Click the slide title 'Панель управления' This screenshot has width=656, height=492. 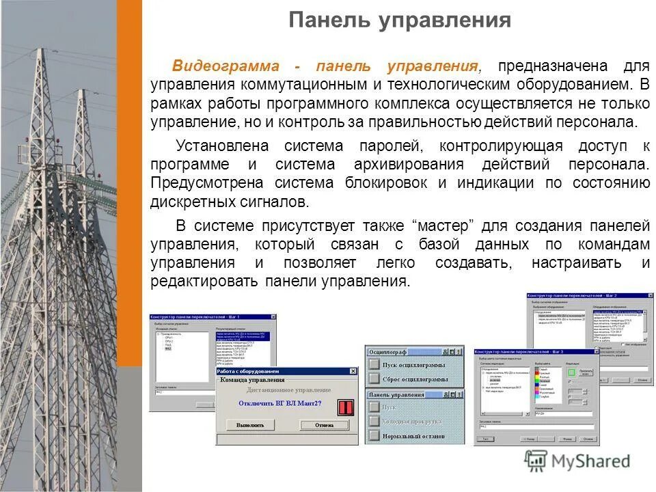[x=399, y=20]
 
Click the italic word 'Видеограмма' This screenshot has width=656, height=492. [x=225, y=66]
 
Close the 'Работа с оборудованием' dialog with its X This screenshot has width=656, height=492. [x=353, y=371]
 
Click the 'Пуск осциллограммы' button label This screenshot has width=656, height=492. [x=415, y=365]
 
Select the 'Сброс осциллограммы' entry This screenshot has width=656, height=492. [x=415, y=379]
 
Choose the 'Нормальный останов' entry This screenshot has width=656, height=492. [x=413, y=435]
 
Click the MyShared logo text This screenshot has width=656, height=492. [x=588, y=461]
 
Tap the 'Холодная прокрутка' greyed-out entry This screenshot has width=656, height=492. [x=413, y=421]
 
